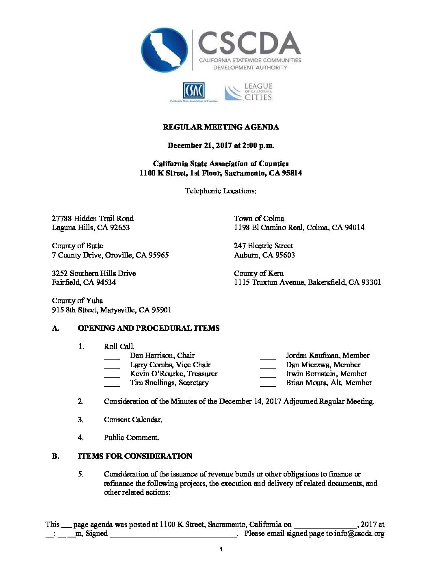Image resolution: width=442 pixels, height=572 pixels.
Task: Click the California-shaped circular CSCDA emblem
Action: point(164,50)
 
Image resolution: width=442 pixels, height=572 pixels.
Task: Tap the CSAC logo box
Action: point(194,91)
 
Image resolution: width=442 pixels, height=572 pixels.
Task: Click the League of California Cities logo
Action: point(249,92)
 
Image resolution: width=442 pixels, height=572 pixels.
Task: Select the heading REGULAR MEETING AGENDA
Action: point(221,127)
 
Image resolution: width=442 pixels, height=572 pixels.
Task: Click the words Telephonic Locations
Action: point(221,191)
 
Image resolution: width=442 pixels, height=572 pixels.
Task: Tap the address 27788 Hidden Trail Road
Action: point(93,219)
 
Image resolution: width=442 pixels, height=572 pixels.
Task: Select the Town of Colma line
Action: point(259,219)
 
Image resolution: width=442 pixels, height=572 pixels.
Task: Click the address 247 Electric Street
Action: point(263,246)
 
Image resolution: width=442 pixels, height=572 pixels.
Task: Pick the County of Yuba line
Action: point(77,301)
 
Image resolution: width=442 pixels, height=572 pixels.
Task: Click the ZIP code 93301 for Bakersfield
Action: point(370,282)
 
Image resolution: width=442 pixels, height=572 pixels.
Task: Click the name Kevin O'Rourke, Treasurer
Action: point(173,374)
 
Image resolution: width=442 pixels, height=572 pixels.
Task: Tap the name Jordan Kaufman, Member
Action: point(327,355)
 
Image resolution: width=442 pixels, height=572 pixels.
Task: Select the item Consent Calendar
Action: point(133,420)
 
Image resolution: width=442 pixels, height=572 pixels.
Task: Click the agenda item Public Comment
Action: point(131,438)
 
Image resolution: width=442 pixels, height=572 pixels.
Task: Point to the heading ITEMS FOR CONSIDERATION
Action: point(135,456)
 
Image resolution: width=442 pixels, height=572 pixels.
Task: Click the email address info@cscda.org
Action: point(359,534)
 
